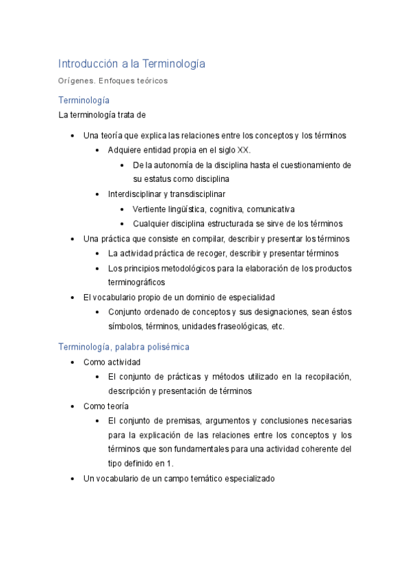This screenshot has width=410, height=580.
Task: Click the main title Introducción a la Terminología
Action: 131,64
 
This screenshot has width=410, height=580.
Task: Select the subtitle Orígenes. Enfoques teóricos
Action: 113,81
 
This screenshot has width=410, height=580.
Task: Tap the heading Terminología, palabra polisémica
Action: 124,347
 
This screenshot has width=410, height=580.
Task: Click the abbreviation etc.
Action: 277,326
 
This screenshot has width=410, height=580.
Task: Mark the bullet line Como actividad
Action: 112,362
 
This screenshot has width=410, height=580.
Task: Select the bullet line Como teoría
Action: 105,406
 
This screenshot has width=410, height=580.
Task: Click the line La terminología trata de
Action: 102,115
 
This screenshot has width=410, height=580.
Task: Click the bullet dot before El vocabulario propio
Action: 73,298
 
